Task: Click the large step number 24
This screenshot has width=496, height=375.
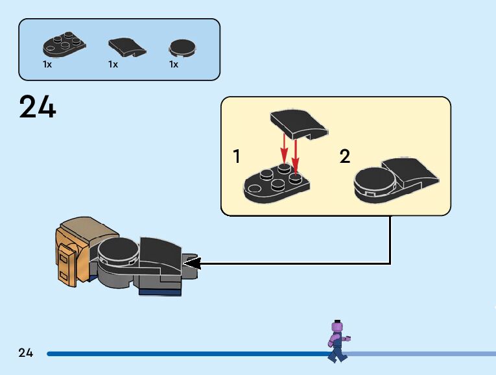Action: [38, 107]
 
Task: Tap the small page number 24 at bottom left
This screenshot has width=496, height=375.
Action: [26, 353]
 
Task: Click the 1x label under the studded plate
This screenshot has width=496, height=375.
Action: [47, 65]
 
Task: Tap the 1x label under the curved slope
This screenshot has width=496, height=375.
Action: [113, 65]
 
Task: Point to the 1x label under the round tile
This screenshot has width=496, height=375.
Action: [174, 65]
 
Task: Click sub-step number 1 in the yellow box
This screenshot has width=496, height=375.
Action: [237, 156]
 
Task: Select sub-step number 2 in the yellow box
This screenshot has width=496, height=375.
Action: [345, 156]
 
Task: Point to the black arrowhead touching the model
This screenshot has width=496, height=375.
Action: [193, 263]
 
